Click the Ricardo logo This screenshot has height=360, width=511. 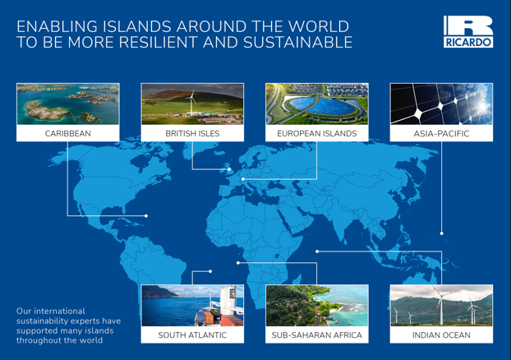(x=468, y=31)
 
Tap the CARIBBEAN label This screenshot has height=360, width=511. (x=68, y=133)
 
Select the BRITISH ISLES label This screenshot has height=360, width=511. (x=192, y=133)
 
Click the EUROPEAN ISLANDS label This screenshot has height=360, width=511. (x=317, y=133)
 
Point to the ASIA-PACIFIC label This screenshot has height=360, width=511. (x=441, y=133)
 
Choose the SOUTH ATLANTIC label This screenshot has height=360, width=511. (x=192, y=335)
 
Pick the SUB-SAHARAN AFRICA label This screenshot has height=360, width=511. (x=317, y=335)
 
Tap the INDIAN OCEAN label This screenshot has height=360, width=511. (x=441, y=335)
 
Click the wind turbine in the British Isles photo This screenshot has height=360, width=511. (x=191, y=102)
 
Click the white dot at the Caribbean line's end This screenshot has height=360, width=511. (x=146, y=216)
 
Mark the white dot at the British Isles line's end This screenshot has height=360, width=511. (x=229, y=169)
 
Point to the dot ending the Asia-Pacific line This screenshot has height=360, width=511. (x=442, y=233)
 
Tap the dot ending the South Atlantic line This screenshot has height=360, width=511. (x=210, y=271)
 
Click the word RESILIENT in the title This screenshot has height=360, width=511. (x=159, y=43)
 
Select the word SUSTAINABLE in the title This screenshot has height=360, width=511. (x=298, y=43)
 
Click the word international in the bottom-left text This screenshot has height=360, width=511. (x=60, y=311)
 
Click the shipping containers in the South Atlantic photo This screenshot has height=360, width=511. (x=219, y=317)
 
